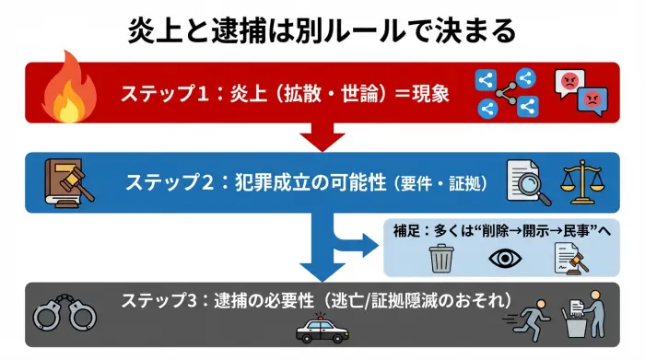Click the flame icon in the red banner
(x=65, y=89)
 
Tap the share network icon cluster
(x=506, y=93)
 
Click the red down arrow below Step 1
(x=322, y=138)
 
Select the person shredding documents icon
(x=583, y=316)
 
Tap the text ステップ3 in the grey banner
(x=156, y=301)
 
